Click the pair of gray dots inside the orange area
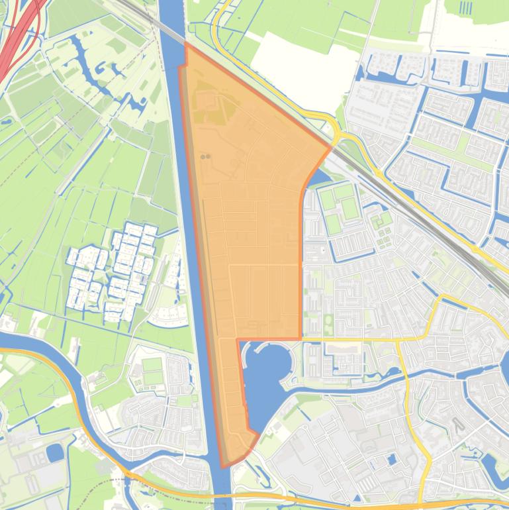(x=205, y=157)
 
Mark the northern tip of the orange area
(x=186, y=44)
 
